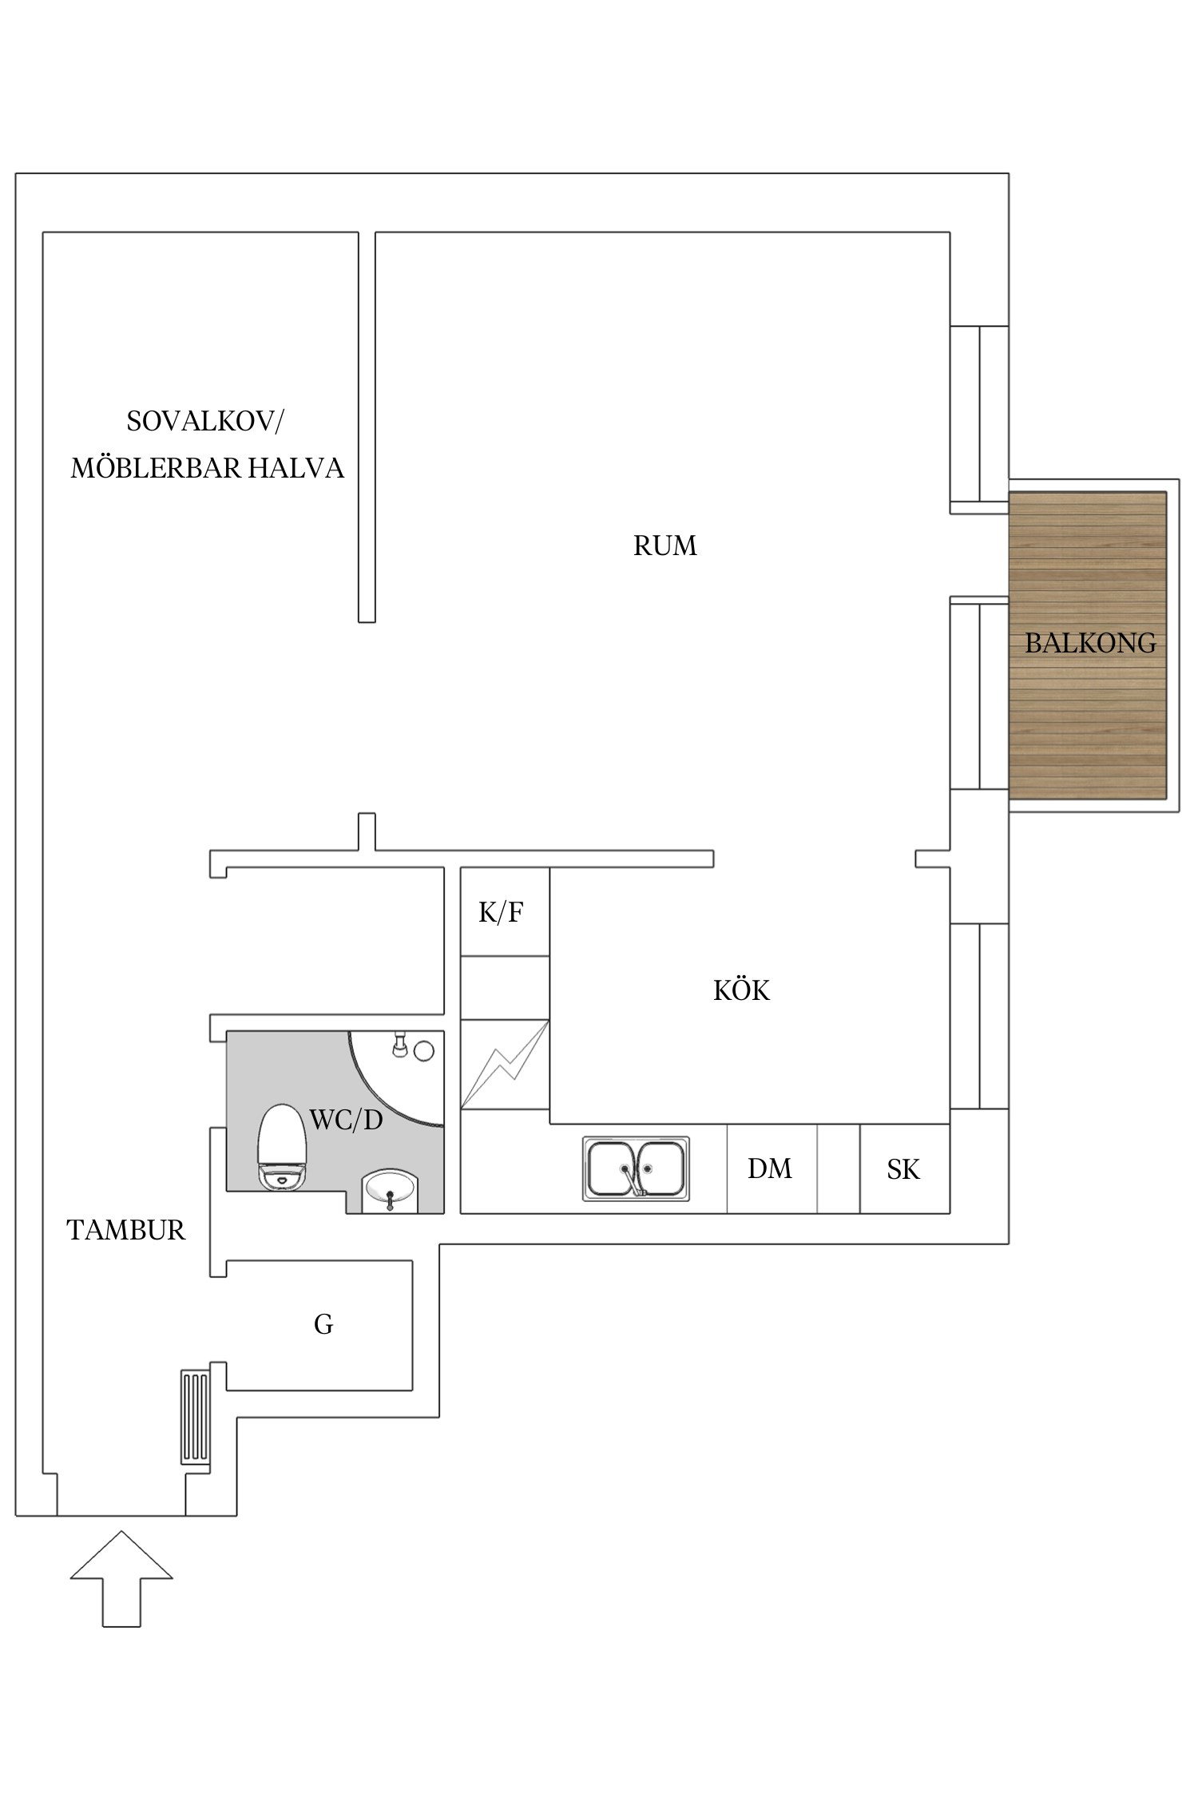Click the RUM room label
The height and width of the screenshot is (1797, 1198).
tap(664, 546)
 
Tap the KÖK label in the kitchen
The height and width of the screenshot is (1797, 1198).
tap(741, 990)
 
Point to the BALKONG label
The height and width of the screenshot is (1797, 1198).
tap(1090, 643)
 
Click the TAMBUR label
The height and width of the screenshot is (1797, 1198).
tap(126, 1230)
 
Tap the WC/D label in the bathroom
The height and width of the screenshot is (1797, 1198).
tap(346, 1121)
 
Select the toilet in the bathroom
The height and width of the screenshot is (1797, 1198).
tap(281, 1147)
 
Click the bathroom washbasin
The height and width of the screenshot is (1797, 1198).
tap(390, 1190)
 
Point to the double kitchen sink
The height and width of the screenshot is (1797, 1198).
tap(636, 1169)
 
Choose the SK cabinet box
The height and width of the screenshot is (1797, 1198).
tap(903, 1169)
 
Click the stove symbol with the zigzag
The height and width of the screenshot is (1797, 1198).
tap(505, 1064)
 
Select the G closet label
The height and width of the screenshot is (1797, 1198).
tap(323, 1324)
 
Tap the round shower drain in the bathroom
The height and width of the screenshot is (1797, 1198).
tap(423, 1051)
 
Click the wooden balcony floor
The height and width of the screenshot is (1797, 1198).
tap(1088, 719)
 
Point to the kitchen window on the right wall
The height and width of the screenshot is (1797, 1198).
tap(979, 1016)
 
